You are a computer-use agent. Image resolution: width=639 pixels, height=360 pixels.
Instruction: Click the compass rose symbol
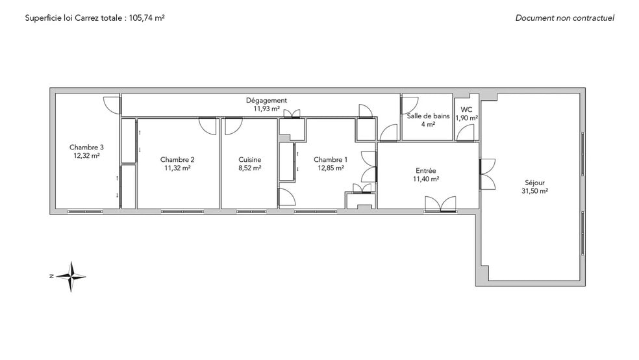point(71,276)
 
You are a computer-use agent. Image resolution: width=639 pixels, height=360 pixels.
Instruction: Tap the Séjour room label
point(534,183)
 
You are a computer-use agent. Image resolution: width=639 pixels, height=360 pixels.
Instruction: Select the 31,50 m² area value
point(534,191)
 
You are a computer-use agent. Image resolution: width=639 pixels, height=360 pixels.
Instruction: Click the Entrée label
point(426,171)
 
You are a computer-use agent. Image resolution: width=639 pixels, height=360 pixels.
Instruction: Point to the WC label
point(467,110)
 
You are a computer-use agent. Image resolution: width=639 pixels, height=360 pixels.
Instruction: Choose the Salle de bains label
point(429,116)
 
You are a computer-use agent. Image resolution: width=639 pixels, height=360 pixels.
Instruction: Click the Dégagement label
point(266,100)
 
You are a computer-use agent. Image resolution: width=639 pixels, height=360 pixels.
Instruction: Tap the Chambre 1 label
point(331,160)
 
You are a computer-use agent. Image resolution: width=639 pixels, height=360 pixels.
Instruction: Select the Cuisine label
point(250,160)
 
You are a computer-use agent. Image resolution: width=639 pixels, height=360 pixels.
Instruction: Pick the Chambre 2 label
point(177,160)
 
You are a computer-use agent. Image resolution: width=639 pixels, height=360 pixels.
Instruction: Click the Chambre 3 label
point(86,148)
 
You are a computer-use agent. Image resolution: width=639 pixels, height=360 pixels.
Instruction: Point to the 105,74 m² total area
point(147,18)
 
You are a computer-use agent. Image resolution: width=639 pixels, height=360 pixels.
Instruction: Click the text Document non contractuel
point(565,18)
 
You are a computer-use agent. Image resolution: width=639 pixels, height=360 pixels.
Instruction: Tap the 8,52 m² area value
point(250,168)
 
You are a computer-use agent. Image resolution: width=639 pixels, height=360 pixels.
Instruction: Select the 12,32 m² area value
point(86,156)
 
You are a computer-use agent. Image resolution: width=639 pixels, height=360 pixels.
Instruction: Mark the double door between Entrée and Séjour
point(488,174)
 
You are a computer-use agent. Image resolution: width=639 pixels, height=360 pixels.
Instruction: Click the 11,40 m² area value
point(426,179)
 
